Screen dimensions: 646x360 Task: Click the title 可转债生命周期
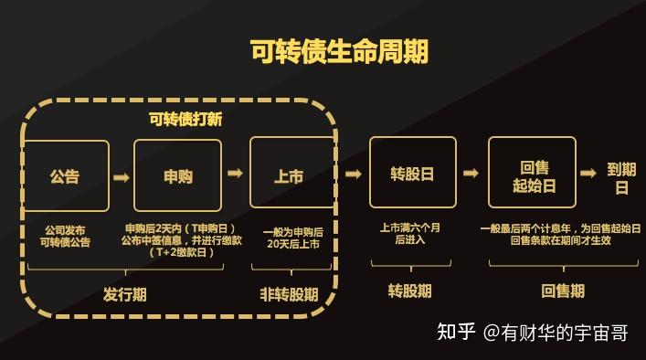(339, 50)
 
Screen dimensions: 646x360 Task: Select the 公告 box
(65, 176)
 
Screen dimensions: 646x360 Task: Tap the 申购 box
(178, 176)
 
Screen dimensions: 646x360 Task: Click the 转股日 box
(412, 173)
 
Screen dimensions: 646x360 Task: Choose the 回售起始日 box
(534, 173)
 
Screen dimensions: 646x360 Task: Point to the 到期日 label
(621, 178)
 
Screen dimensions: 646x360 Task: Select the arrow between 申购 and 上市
(235, 174)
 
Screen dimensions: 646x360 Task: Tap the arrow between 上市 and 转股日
(353, 174)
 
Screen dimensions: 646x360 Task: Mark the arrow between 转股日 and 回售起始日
(471, 174)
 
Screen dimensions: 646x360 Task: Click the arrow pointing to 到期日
(588, 174)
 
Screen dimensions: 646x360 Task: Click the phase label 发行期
(124, 294)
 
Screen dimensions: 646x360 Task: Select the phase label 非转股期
(289, 294)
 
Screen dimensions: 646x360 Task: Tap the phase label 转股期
(410, 291)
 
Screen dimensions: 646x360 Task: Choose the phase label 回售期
(563, 291)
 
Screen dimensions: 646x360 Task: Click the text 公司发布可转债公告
(65, 236)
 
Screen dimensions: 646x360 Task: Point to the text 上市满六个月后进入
(410, 233)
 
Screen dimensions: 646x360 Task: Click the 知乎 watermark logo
(456, 333)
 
